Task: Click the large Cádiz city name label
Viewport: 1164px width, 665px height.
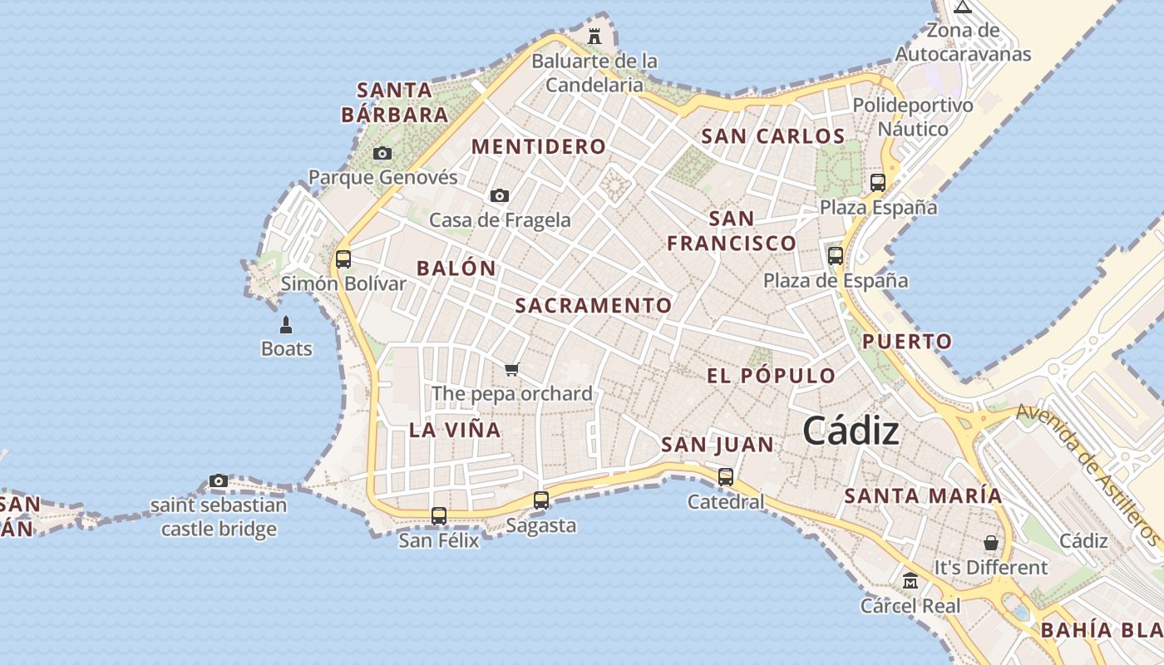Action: [851, 431]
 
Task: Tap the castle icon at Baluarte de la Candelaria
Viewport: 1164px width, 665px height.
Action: [594, 36]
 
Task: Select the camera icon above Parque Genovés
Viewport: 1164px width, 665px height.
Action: [382, 153]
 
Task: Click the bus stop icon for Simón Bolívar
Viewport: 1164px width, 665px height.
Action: [343, 259]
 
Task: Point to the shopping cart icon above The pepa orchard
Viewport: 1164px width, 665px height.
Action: [512, 369]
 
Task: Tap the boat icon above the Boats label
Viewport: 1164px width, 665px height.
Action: [286, 324]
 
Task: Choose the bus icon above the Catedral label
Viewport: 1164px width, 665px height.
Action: [726, 476]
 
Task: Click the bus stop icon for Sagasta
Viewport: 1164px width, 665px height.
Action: [541, 500]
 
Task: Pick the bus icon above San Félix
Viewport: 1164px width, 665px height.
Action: [439, 515]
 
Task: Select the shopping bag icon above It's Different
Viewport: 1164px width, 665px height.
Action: [991, 543]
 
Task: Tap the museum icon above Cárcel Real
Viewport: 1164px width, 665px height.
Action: [910, 580]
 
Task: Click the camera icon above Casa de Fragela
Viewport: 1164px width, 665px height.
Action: [500, 195]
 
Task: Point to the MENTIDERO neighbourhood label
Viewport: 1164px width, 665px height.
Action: [539, 147]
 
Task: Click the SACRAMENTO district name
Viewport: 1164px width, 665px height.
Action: [594, 306]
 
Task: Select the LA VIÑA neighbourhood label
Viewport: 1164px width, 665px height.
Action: [455, 430]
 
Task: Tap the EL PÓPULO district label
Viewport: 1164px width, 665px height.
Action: [772, 376]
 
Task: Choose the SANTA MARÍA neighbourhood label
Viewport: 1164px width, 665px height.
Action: [924, 496]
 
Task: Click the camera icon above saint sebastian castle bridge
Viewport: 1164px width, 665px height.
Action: [219, 480]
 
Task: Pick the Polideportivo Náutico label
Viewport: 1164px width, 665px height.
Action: [913, 117]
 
